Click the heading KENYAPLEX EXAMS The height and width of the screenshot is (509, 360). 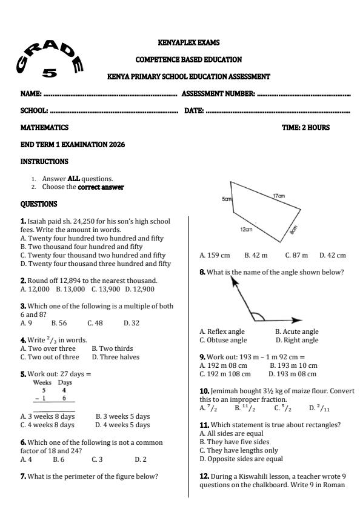pyautogui.click(x=188, y=43)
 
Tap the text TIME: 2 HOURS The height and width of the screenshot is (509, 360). pyautogui.click(x=305, y=128)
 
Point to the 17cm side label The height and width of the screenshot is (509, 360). pyautogui.click(x=279, y=196)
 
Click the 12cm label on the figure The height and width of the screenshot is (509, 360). pyautogui.click(x=245, y=230)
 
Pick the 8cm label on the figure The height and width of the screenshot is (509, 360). pyautogui.click(x=293, y=229)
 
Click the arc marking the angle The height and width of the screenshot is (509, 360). pyautogui.click(x=258, y=316)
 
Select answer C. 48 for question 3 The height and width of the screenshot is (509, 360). pyautogui.click(x=95, y=323)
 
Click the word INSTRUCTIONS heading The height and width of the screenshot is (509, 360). pyautogui.click(x=44, y=162)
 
